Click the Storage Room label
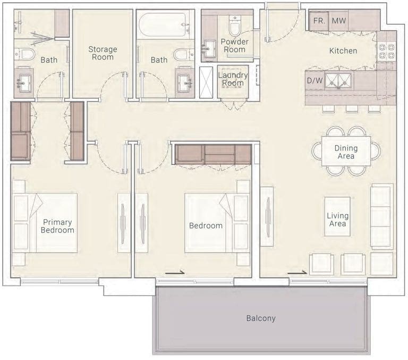pos(103,53)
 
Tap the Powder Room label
pos(234,46)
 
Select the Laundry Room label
pos(233,79)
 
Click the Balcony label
pos(261,318)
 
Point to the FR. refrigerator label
pos(319,21)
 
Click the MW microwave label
pos(339,21)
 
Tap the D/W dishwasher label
pos(315,80)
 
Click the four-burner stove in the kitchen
pos(386,51)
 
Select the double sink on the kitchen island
pos(338,80)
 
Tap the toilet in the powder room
pos(235,26)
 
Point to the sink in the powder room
pos(210,49)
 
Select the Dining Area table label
pos(346,152)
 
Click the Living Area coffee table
pos(337,216)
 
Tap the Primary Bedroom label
pos(57,226)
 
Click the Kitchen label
pos(343,51)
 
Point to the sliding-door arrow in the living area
pos(297,272)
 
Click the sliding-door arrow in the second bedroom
pos(175,272)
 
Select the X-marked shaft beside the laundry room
pos(206,82)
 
